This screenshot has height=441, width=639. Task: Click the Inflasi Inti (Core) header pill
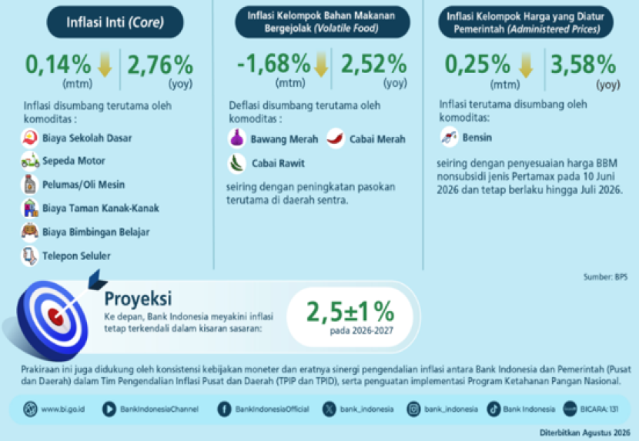click(115, 22)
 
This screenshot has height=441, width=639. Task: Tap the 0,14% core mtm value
click(59, 65)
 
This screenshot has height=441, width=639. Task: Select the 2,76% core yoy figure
click(160, 65)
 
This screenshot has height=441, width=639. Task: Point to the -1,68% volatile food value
click(273, 64)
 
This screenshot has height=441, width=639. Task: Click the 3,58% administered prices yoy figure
click(583, 65)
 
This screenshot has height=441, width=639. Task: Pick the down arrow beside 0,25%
click(526, 65)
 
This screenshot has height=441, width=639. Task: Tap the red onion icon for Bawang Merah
click(237, 139)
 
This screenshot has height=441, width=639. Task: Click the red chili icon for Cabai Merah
click(336, 139)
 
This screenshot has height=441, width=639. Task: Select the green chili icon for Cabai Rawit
click(237, 163)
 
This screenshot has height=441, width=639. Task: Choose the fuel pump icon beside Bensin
click(449, 137)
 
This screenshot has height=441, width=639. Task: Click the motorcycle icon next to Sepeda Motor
click(30, 161)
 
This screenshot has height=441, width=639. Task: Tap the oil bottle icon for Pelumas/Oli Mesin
click(30, 184)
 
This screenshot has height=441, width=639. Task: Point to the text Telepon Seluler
click(77, 256)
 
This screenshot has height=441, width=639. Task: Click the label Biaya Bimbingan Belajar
click(96, 232)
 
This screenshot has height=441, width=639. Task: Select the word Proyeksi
click(138, 299)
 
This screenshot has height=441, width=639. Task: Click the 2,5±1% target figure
click(350, 312)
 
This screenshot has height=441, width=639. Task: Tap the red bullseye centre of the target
click(55, 316)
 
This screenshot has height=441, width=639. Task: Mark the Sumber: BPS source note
click(605, 277)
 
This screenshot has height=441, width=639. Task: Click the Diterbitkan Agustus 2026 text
click(585, 433)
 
